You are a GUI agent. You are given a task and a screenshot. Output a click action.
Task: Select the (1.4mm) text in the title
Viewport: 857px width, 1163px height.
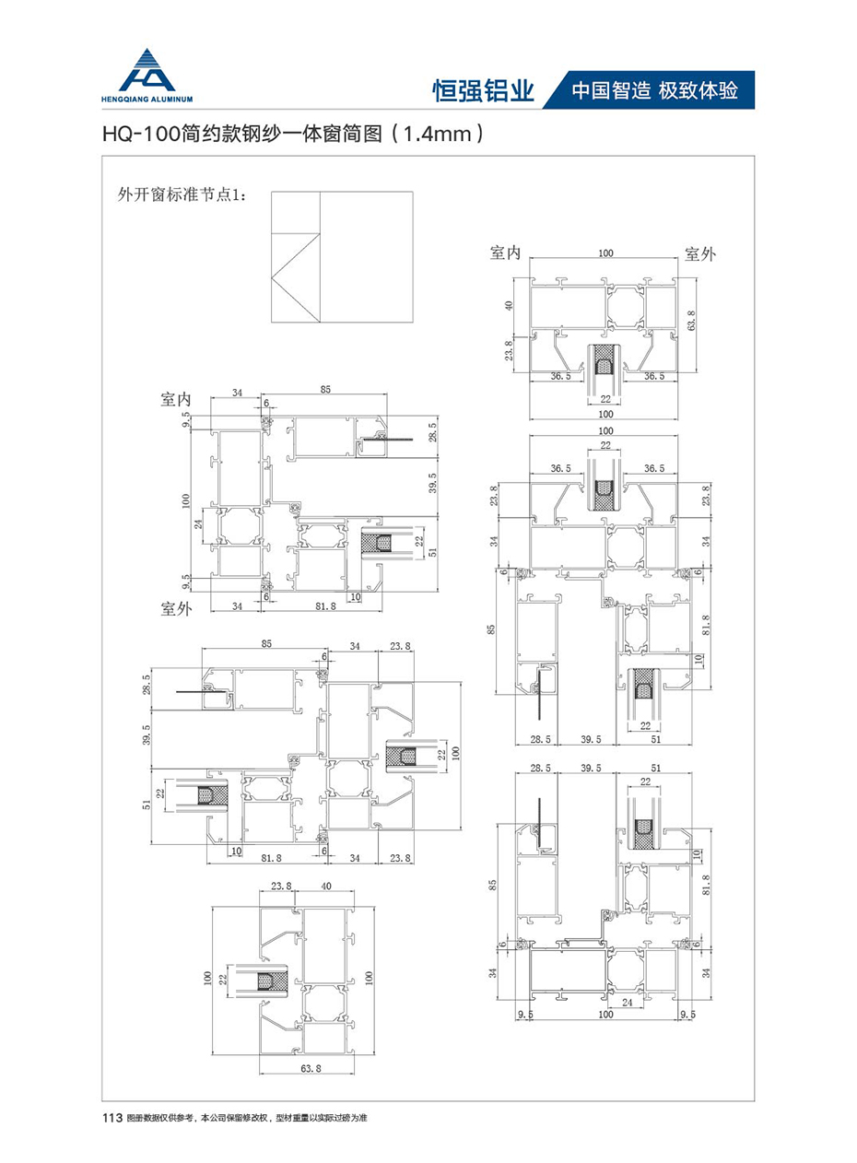tap(437, 135)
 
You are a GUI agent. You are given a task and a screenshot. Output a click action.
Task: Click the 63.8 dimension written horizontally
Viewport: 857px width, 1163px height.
tap(306, 1070)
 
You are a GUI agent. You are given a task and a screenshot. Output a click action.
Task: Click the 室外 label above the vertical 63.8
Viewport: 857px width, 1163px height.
tap(700, 253)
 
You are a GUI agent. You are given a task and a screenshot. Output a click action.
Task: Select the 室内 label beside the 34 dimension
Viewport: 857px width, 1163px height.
tap(176, 399)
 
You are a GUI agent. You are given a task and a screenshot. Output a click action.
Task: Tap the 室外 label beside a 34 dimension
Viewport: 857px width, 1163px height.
tap(176, 608)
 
